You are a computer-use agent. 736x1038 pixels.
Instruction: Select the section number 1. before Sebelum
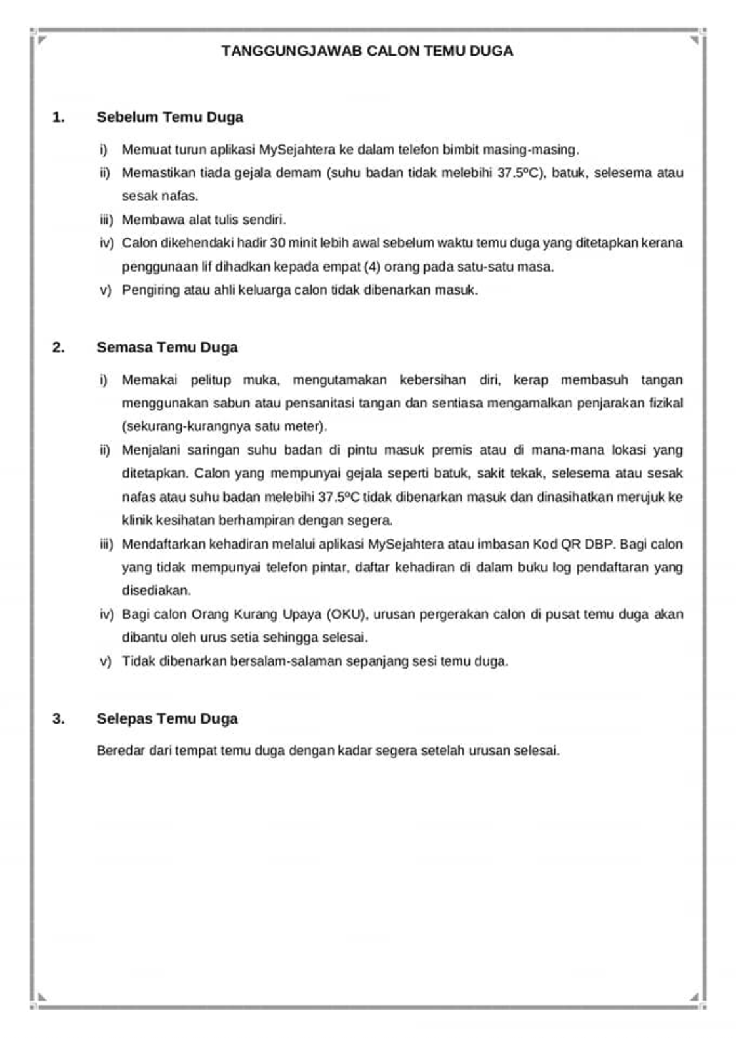click(58, 117)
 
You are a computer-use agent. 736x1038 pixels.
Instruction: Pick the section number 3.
click(58, 718)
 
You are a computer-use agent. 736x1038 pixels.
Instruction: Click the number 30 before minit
click(277, 243)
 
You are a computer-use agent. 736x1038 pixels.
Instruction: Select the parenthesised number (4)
click(372, 267)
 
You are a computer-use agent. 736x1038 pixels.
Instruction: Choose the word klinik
click(136, 520)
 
